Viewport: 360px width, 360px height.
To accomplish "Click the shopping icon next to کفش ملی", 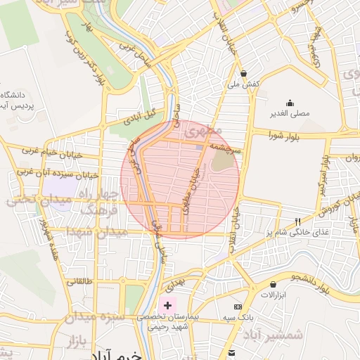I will point(243,73).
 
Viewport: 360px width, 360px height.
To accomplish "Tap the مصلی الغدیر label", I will point(290,112).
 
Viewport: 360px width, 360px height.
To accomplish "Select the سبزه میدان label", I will point(94,317).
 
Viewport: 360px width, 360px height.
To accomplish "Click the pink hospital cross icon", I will point(167,306).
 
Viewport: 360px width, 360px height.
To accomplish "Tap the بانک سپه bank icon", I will point(238,307).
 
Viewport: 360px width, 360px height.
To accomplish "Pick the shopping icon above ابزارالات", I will point(272,284).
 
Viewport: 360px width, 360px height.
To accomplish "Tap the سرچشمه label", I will point(229,150).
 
